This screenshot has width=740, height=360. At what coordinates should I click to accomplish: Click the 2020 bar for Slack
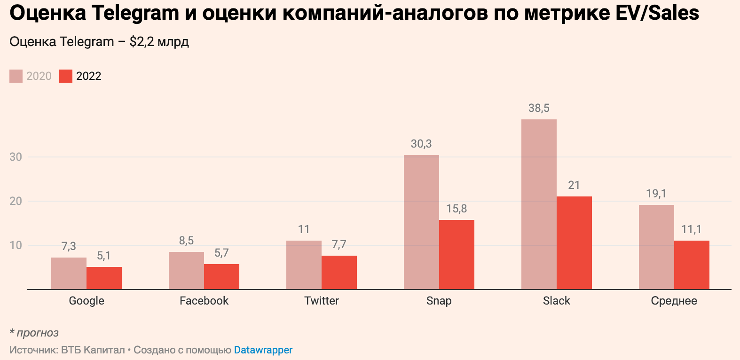click(539, 204)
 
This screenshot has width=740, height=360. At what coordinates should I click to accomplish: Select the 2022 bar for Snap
click(457, 255)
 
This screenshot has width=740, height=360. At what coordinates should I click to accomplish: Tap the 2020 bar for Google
click(69, 274)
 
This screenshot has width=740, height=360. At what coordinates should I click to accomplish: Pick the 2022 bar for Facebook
click(221, 277)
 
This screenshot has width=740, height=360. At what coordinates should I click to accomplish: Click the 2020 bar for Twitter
click(304, 265)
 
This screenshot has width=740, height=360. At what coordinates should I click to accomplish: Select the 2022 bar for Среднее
click(692, 265)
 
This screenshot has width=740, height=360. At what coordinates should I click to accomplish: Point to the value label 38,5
click(539, 108)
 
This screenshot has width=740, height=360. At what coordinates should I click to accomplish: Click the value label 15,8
click(457, 209)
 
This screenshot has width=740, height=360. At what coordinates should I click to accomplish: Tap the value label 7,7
click(339, 244)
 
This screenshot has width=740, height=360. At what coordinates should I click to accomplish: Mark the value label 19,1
click(656, 194)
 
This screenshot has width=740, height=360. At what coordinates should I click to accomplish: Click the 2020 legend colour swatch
click(16, 76)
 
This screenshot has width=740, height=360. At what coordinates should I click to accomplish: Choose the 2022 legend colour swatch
click(66, 76)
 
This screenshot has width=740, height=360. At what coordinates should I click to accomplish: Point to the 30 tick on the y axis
click(16, 157)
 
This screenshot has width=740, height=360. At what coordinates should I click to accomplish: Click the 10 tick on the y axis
click(16, 245)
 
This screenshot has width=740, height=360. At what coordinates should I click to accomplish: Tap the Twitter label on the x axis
click(322, 301)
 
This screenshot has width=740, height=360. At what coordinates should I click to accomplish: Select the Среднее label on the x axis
click(674, 301)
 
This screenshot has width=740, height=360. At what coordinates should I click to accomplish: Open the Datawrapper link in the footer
click(263, 350)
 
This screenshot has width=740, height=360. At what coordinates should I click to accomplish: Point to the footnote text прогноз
click(38, 333)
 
